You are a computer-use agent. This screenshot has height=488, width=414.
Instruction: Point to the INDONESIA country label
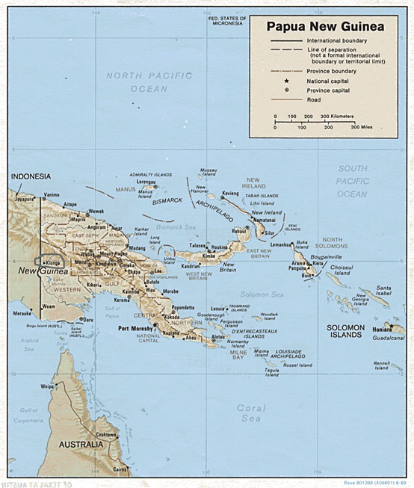tap(31, 176)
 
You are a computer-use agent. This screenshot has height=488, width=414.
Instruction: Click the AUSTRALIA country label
tap(81, 444)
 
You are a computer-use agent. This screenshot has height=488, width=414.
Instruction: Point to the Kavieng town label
tap(230, 193)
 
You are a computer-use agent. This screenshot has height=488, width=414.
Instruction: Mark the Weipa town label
tap(48, 386)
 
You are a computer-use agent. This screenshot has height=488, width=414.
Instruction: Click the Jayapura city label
tap(24, 200)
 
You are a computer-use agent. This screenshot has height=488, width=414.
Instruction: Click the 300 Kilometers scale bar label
tap(336, 117)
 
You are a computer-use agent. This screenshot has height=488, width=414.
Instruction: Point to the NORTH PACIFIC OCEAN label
tap(139, 81)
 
